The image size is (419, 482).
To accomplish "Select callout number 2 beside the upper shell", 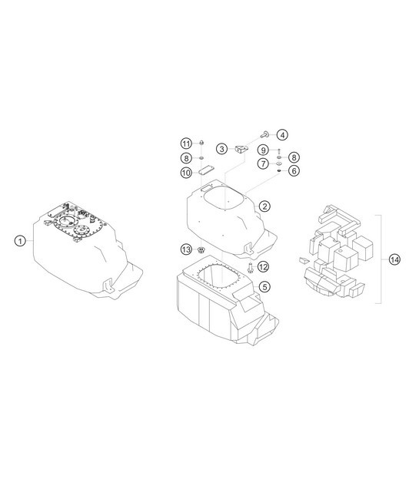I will point(264,206).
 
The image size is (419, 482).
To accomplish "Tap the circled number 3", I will point(221,148).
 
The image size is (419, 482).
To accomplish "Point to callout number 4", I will point(282,135).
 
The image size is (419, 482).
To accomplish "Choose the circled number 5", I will point(264,286).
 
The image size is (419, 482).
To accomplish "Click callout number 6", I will point(294,170).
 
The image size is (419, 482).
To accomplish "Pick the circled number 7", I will point(262,163).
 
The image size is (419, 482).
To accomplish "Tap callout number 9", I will point(262,149).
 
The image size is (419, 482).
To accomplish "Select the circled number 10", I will point(186,173).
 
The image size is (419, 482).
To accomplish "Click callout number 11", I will point(186,144).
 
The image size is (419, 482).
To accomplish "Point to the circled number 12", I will point(263,267).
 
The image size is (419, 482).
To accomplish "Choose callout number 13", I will point(186,249).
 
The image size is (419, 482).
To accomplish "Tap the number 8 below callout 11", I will point(186,158).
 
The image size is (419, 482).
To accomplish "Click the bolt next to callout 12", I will point(251,268).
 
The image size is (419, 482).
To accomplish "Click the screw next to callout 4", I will point(265,134).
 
